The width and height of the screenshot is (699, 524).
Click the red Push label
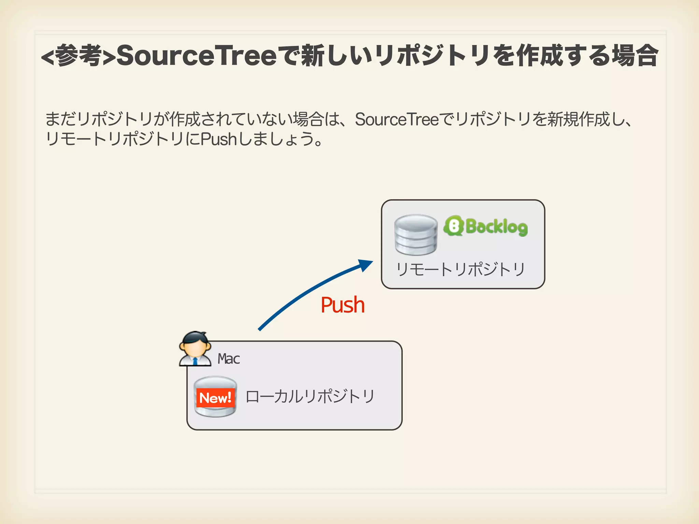(343, 305)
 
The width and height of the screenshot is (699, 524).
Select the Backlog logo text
(496, 227)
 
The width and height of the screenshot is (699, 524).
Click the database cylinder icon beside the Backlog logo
(416, 235)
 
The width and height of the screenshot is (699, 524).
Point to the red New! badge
(215, 398)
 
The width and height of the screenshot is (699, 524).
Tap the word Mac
(229, 359)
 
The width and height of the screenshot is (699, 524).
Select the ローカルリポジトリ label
(310, 396)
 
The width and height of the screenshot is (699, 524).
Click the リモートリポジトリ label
(460, 270)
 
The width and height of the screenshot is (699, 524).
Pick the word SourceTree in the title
(197, 56)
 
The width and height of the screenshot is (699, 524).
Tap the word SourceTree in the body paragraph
(397, 119)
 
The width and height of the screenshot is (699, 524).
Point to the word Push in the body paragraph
(218, 139)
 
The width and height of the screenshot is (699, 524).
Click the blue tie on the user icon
(195, 361)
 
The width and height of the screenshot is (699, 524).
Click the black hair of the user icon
(195, 337)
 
